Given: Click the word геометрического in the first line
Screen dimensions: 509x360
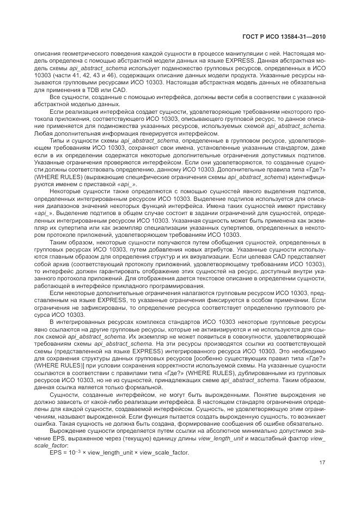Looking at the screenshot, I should click(x=75, y=53).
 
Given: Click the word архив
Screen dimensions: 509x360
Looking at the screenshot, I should click(x=67, y=262).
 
